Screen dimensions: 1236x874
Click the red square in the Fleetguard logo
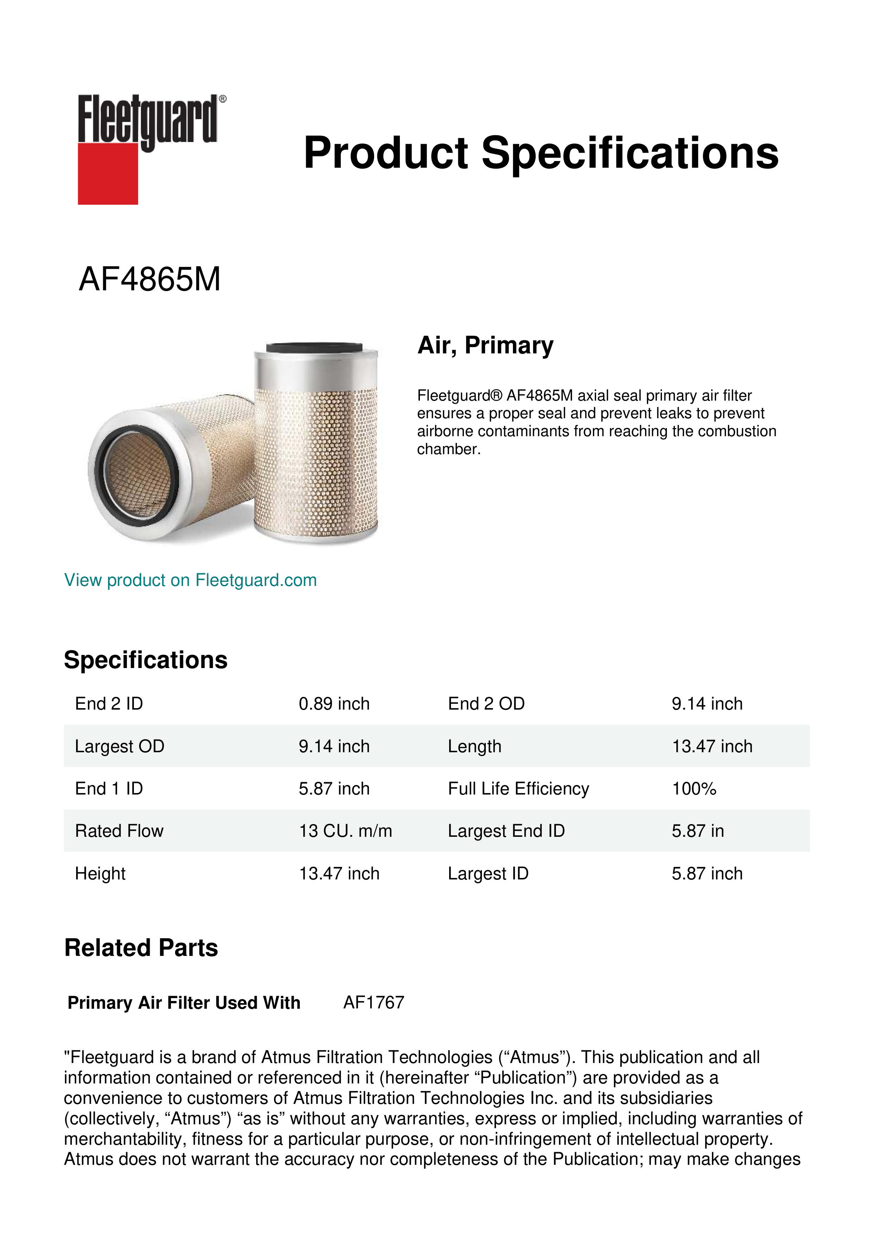coord(108,173)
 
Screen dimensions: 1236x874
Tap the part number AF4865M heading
coord(150,280)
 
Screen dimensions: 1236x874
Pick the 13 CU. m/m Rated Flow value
coord(345,831)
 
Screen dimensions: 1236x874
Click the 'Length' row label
coord(474,746)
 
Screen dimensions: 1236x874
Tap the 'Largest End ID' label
coord(506,831)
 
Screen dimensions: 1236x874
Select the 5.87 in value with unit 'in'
coord(698,831)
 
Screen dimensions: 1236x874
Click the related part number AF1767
coord(373,1002)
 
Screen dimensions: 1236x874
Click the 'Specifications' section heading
coord(145,660)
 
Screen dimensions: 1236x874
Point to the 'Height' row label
coord(100,873)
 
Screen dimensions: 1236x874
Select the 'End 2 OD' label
coord(486,704)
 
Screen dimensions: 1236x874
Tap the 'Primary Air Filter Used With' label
coord(184,1002)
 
